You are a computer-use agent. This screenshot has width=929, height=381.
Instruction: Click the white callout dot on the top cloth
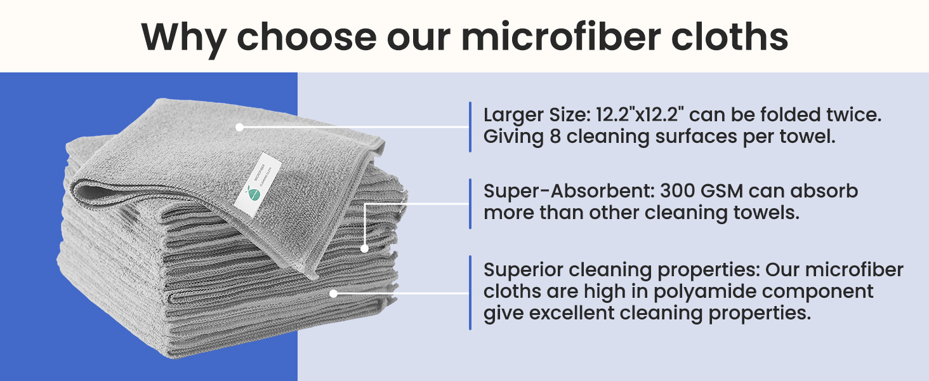click(x=239, y=127)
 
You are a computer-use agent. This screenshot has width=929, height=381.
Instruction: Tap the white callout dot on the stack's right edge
click(x=364, y=248)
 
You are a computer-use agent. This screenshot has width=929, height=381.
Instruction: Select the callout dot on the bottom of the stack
click(x=333, y=293)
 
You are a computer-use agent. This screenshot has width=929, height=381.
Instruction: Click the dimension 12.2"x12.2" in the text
click(x=642, y=116)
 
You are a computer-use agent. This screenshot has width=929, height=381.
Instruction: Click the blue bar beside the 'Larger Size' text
click(x=470, y=127)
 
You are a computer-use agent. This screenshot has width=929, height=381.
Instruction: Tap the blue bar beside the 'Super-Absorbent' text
click(x=470, y=203)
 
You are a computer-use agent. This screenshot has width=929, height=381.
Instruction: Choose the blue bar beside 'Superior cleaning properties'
click(x=470, y=292)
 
